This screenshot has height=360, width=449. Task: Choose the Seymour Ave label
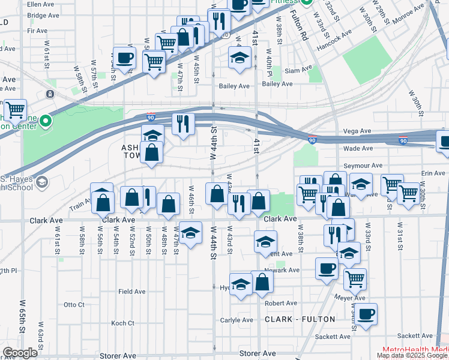[363, 166]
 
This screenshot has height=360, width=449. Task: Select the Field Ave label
[132, 292]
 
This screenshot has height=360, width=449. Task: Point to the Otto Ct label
[74, 305]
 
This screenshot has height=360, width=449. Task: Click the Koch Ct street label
[122, 323]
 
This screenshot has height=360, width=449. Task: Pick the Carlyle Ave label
[237, 320]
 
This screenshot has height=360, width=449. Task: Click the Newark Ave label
[285, 270]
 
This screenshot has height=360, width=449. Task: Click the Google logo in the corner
[20, 353]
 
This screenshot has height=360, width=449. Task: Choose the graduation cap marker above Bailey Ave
[240, 58]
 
